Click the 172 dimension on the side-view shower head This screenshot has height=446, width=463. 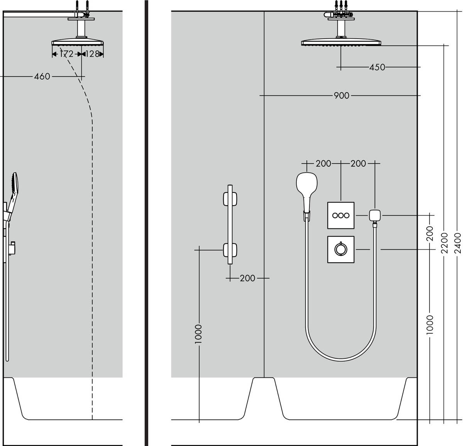point(66,54)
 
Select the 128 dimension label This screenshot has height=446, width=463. point(92,54)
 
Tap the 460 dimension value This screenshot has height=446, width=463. point(42,76)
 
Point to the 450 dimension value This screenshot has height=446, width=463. point(377,67)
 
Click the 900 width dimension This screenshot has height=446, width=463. point(341,95)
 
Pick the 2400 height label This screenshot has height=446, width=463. point(458,243)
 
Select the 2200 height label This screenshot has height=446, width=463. point(444,243)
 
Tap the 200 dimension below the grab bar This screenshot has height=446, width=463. point(247,278)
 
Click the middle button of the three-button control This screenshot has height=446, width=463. point(341,215)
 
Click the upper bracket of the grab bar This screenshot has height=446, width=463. point(230,199)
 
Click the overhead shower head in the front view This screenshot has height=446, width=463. point(340,42)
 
